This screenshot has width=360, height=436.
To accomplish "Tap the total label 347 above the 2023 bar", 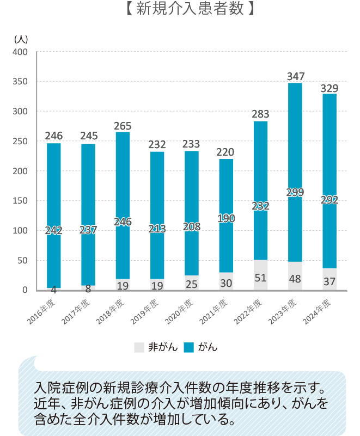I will [x=296, y=76].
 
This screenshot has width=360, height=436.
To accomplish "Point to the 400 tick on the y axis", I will [x=20, y=52].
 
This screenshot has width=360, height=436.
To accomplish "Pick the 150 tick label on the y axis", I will [x=20, y=201].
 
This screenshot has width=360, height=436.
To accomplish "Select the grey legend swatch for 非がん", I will [x=138, y=347].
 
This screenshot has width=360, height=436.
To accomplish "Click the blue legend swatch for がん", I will [x=189, y=347].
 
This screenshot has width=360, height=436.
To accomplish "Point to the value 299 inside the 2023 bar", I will [x=295, y=192].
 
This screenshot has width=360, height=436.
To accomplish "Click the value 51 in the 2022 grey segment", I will [x=261, y=278].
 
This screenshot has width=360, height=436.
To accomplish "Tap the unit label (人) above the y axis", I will [x=20, y=39].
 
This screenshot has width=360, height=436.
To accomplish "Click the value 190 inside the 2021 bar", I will [x=226, y=218].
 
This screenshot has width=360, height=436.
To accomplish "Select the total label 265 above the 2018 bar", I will [x=123, y=126].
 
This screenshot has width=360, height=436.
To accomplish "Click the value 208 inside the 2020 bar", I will [x=192, y=226].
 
